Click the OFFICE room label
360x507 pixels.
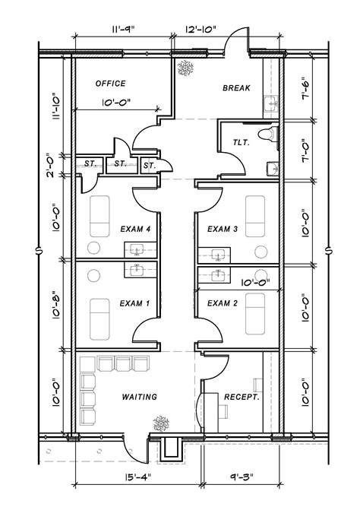pyautogui.click(x=110, y=84)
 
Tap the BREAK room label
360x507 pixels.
pyautogui.click(x=236, y=88)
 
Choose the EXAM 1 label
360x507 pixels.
pyautogui.click(x=134, y=303)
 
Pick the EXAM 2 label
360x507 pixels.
pyautogui.click(x=223, y=303)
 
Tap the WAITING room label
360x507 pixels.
pyautogui.click(x=139, y=397)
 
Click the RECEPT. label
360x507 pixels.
pyautogui.click(x=242, y=397)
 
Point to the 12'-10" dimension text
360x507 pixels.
pyautogui.click(x=201, y=29)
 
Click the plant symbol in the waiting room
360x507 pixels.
pyautogui.click(x=160, y=420)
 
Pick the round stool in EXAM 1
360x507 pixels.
pyautogui.click(x=95, y=275)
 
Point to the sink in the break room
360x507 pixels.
pyautogui.click(x=270, y=103)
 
